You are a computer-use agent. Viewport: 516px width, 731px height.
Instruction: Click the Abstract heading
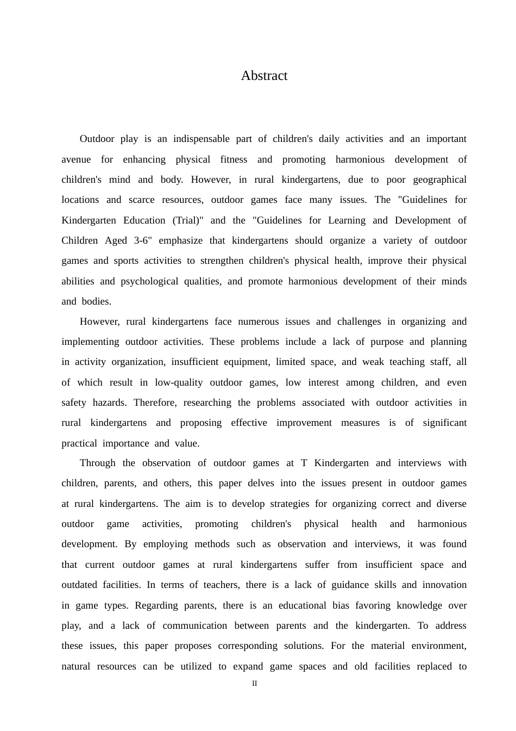264,76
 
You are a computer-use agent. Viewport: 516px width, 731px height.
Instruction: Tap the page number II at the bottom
255,684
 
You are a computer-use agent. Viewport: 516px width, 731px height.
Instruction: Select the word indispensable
201,139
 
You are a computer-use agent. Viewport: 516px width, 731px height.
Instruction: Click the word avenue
75,159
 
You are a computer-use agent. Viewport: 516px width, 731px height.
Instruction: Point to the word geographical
439,179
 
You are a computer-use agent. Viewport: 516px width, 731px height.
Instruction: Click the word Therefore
155,402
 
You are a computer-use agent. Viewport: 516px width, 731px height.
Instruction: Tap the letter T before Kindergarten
304,463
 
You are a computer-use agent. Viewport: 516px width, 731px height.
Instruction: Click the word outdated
79,585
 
